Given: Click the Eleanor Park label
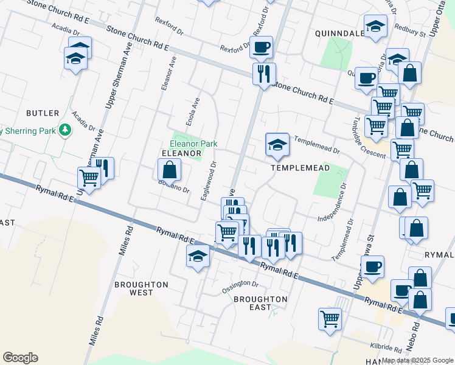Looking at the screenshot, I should pyautogui.click(x=193, y=144).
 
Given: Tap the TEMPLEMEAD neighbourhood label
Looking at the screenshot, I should pyautogui.click(x=300, y=167).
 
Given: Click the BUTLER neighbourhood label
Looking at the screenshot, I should pyautogui.click(x=43, y=113).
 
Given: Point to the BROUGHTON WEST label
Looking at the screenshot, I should pyautogui.click(x=141, y=288).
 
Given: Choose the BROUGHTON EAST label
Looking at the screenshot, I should pyautogui.click(x=260, y=303).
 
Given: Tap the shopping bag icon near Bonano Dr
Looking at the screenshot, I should pyautogui.click(x=169, y=170).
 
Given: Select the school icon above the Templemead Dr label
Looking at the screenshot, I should pyautogui.click(x=277, y=145).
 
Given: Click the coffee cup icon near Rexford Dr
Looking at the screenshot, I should pyautogui.click(x=261, y=47).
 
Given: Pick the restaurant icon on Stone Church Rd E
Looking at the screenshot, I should pyautogui.click(x=263, y=74).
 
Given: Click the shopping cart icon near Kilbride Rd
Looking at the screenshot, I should pyautogui.click(x=330, y=318).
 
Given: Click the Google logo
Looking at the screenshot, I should pyautogui.click(x=20, y=358).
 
